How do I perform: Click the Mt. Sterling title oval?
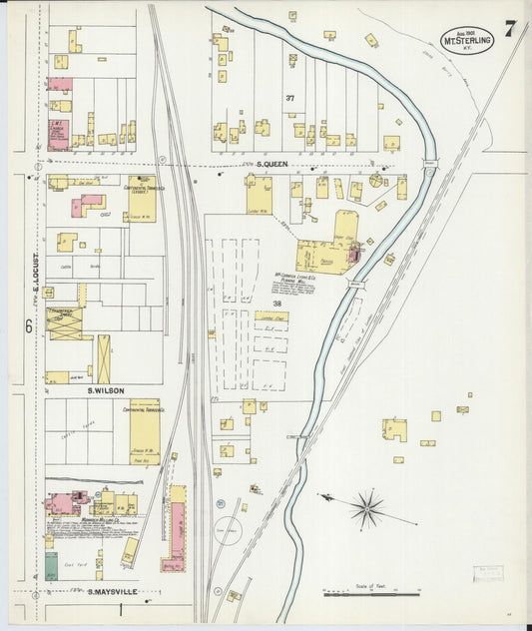[x=467, y=40]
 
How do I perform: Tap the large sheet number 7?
[x=510, y=28]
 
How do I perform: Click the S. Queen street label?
[x=272, y=165]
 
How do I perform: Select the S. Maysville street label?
[x=111, y=592]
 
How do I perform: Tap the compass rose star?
[x=366, y=508]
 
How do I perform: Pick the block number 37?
[x=290, y=98]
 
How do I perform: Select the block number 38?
[x=276, y=303]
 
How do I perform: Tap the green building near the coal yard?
[x=51, y=566]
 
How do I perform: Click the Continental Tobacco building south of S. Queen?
[x=141, y=198]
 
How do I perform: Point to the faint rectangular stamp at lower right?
[x=489, y=572]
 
